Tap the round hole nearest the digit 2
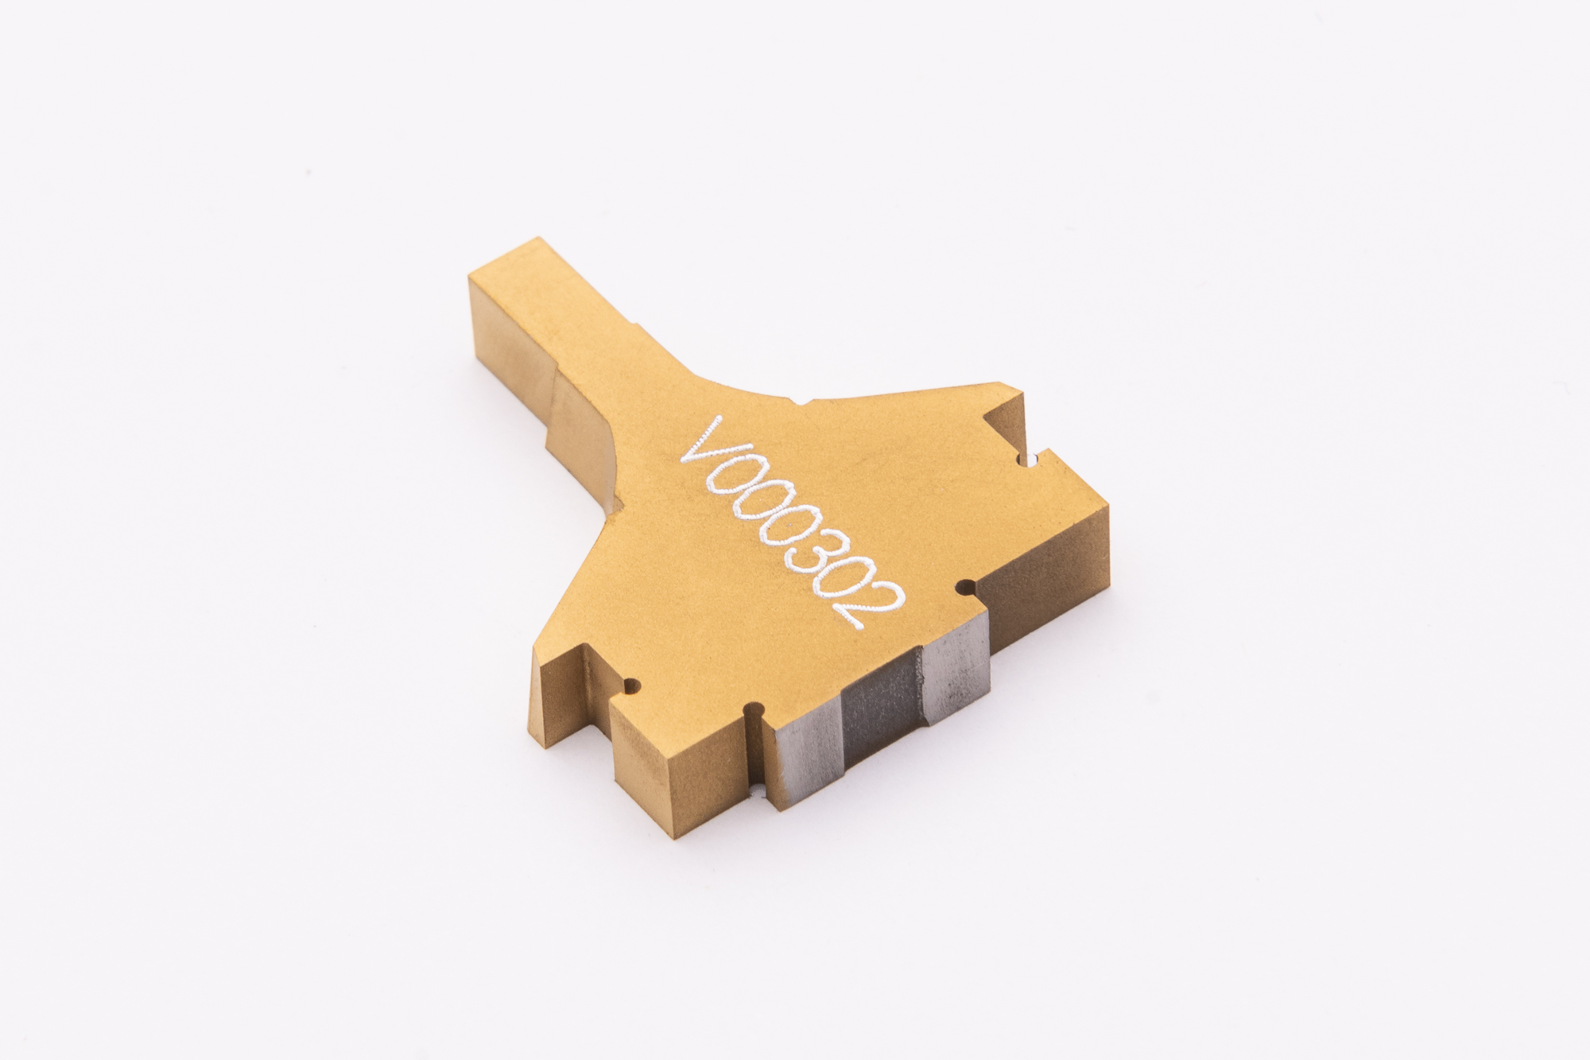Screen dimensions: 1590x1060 pyautogui.click(x=967, y=588)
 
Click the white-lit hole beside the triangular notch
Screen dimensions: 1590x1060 pyautogui.click(x=1030, y=460)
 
